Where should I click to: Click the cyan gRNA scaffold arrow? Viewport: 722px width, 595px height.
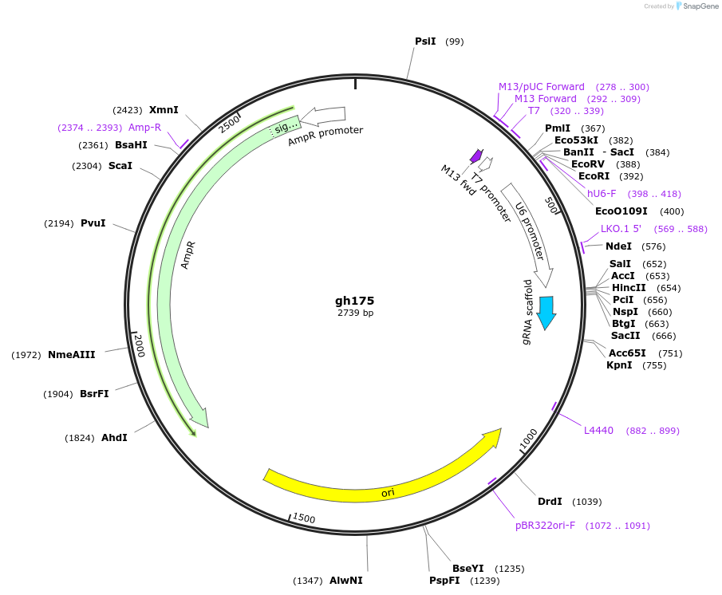click(546, 312)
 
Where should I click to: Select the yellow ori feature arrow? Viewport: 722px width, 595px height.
click(383, 476)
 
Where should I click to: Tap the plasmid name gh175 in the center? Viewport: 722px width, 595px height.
click(354, 301)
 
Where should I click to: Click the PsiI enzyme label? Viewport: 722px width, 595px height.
click(425, 41)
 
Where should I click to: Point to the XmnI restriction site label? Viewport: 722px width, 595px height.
click(164, 109)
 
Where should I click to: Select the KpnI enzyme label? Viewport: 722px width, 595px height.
click(619, 365)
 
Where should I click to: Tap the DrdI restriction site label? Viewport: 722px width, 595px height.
click(550, 502)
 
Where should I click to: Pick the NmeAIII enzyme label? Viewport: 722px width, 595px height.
click(71, 354)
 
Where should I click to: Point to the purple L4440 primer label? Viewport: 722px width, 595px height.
click(598, 431)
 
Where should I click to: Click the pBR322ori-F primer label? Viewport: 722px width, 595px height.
click(545, 526)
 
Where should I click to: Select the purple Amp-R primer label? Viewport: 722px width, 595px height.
click(144, 128)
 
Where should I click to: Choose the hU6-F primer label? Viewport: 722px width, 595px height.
click(602, 194)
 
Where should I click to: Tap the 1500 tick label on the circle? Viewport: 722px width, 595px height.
click(304, 518)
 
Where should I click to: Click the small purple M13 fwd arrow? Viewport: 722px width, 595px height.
click(476, 155)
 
